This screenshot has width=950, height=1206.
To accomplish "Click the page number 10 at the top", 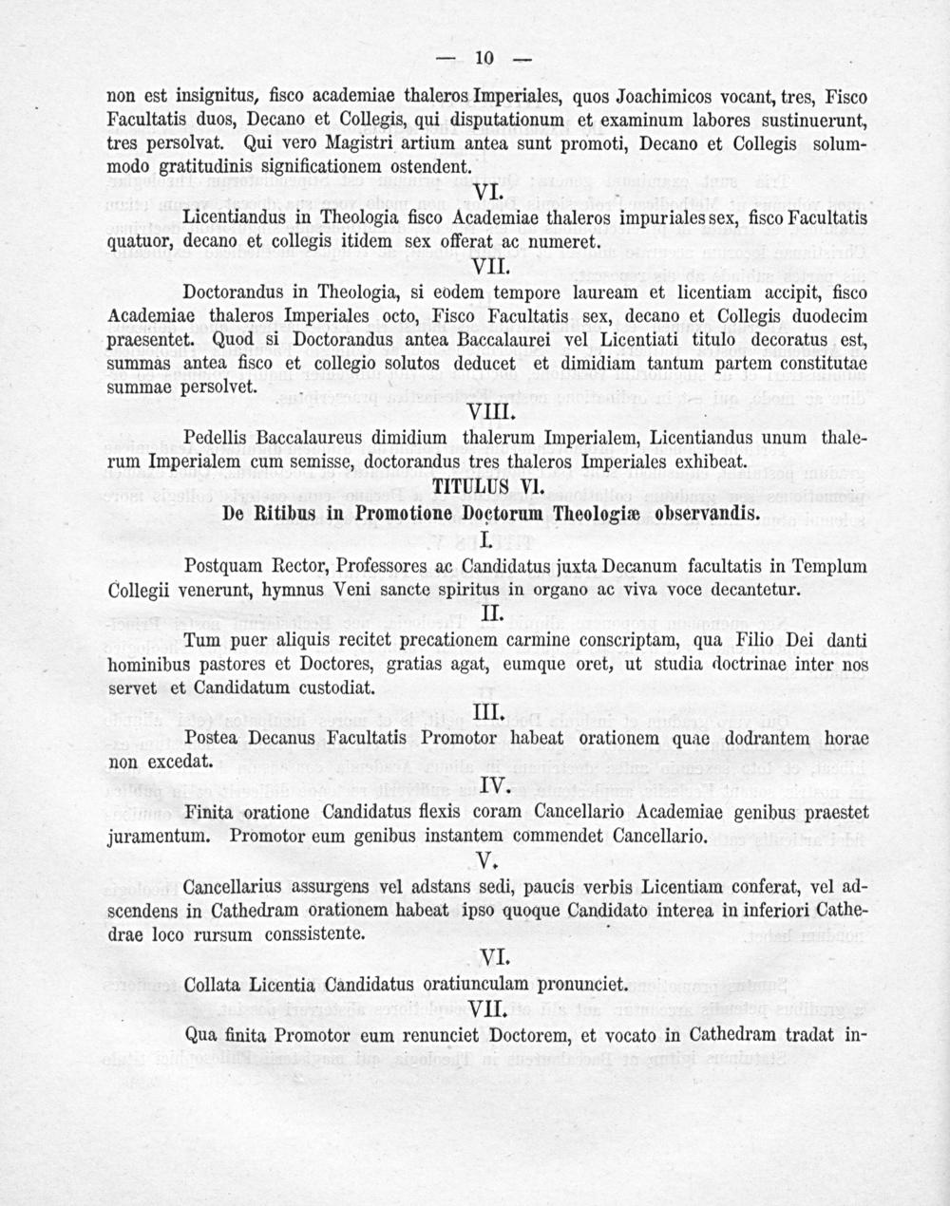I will pos(484,59).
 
